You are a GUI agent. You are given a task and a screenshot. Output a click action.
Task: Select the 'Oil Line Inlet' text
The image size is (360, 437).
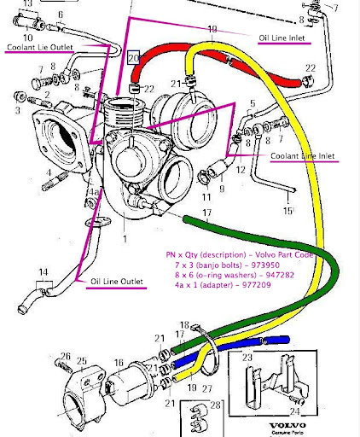click(283, 38)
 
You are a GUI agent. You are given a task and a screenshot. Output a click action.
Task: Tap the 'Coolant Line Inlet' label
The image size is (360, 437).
click(302, 156)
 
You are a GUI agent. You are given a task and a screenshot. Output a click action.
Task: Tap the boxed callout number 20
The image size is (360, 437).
click(134, 58)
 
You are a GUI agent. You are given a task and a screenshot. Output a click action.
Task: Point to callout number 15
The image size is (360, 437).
click(288, 210)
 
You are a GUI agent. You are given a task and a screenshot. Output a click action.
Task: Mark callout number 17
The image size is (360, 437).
click(206, 213)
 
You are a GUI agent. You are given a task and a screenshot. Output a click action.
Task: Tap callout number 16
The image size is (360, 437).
click(119, 362)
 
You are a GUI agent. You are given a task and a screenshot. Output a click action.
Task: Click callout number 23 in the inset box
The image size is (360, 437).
click(248, 359)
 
